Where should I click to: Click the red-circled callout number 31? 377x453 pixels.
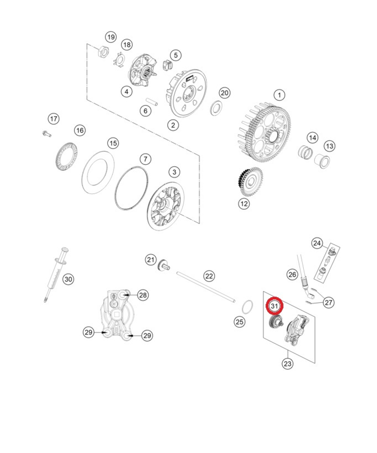(x=274, y=306)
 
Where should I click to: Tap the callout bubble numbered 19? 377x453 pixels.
(x=110, y=37)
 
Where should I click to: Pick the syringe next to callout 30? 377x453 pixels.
(x=55, y=274)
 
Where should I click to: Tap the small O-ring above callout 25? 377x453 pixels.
(x=247, y=307)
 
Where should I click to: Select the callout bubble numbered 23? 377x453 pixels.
(x=288, y=364)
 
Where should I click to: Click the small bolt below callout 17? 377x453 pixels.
(x=46, y=133)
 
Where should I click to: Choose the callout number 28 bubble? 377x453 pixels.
(x=143, y=295)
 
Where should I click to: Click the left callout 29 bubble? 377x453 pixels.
(x=89, y=332)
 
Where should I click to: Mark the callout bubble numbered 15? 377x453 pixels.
(x=113, y=143)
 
